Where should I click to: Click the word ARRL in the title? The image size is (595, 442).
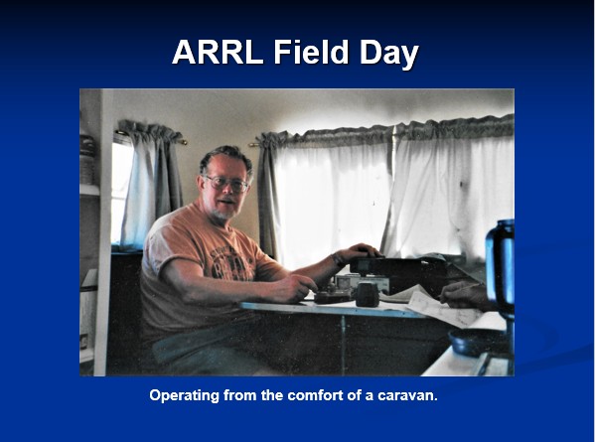pos(218,52)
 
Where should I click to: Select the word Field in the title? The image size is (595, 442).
pos(311,52)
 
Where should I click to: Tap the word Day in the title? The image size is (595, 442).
pos(389,55)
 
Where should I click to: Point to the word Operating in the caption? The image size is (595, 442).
pos(185,395)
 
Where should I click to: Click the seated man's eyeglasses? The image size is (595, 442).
pos(226,183)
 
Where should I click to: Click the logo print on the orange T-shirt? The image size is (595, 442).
pos(230,261)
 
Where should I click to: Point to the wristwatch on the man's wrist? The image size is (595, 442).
pos(337,259)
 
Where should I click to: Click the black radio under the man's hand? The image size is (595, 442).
pos(397,269)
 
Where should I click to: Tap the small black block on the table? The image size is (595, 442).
pos(367,294)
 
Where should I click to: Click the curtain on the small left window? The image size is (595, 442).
pos(152,186)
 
